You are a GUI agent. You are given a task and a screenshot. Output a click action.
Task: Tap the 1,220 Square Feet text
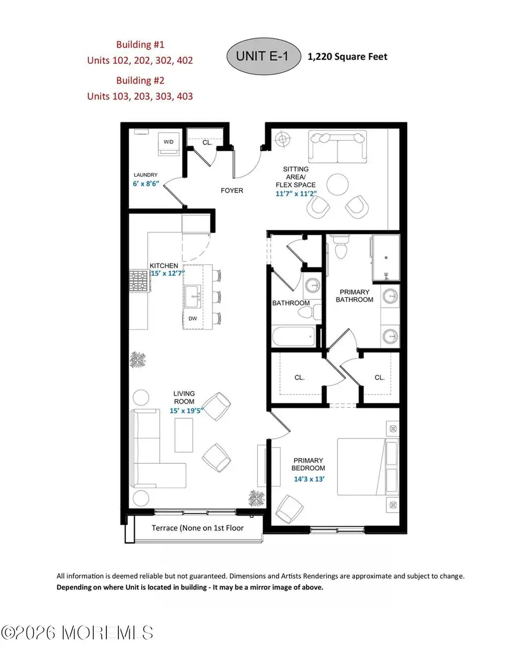[348, 57]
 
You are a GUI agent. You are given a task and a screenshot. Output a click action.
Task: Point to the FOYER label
[231, 190]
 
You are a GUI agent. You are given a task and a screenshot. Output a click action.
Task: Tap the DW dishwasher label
[192, 319]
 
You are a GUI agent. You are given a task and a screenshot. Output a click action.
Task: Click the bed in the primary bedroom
[368, 467]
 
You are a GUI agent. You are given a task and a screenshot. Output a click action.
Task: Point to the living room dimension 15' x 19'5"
[184, 410]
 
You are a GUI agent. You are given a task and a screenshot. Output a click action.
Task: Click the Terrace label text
[197, 528]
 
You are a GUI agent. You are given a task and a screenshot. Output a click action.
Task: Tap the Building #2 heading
[139, 80]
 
